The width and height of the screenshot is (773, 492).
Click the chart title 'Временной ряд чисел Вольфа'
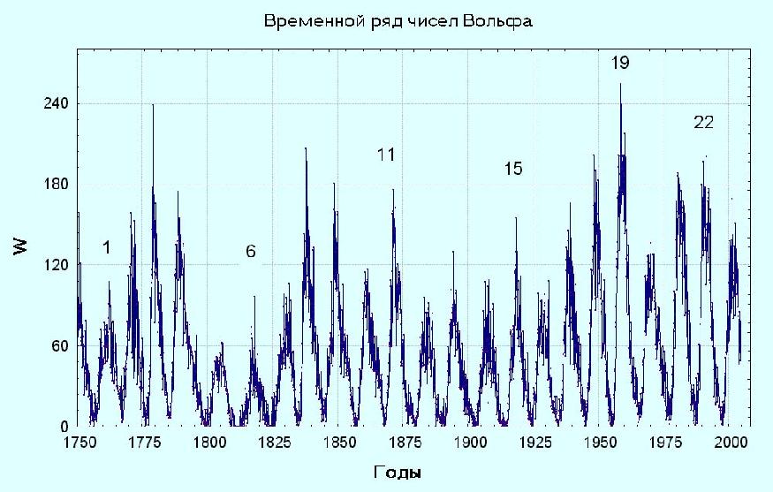pos(398,20)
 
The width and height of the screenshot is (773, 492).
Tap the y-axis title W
pos(20,247)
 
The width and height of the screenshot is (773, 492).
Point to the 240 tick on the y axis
pos(57,104)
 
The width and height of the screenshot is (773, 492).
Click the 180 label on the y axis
pos(57,185)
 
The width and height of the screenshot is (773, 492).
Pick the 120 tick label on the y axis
pos(57,265)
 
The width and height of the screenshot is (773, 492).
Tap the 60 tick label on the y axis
pos(60,345)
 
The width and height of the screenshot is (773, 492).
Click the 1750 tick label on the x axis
pos(78,442)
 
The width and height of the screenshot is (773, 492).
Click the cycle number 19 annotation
pos(620,64)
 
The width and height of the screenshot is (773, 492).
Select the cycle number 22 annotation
pos(703,123)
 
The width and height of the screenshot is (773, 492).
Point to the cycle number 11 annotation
pos(385,155)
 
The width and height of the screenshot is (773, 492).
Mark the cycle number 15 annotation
pos(513,169)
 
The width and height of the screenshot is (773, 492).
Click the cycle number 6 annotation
pos(251,252)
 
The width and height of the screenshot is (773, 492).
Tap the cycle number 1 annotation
pos(106,248)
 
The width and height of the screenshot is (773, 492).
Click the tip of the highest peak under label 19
pos(620,84)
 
